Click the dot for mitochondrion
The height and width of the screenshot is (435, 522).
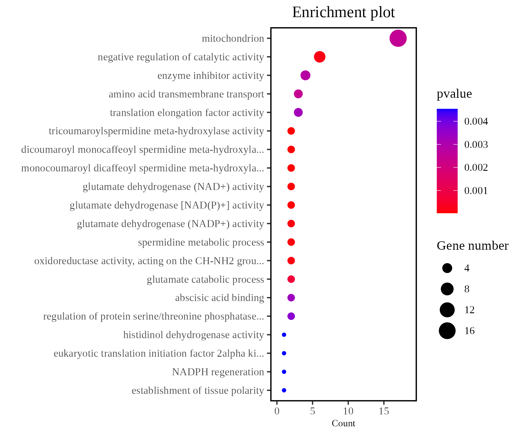coord(398,38)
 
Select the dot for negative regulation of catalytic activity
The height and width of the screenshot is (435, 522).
coord(320,57)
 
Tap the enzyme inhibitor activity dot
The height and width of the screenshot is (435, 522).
coord(305,75)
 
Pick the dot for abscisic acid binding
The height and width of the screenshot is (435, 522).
coord(291,298)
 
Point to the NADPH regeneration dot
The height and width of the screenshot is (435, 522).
coord(284,372)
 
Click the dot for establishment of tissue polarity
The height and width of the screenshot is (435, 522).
coord(284,390)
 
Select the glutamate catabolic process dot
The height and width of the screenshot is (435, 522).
coord(291,279)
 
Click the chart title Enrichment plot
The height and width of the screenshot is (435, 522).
coord(343,12)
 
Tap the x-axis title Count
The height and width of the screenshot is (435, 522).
coord(343,423)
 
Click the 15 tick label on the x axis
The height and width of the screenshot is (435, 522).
coord(384,411)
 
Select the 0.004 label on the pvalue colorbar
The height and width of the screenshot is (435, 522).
coord(476,122)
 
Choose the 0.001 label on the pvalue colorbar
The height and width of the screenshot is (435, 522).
coord(476,191)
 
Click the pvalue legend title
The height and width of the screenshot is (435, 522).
coord(454,94)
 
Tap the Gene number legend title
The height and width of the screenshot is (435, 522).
coord(472,246)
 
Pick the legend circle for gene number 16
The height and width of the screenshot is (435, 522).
coord(447,331)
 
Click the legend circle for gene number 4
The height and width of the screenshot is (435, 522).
coord(447,268)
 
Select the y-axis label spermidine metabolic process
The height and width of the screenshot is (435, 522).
coord(201,242)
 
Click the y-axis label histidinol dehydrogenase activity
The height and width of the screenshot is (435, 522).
coord(193,335)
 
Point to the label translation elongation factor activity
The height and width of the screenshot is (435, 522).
coord(187,113)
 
